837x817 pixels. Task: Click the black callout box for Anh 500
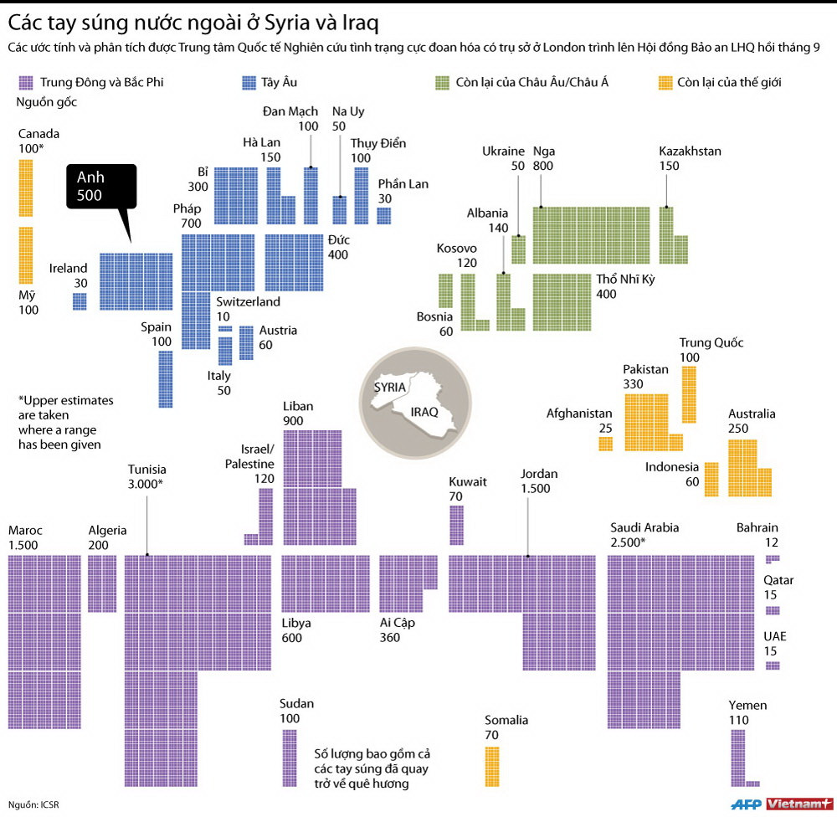[x=100, y=185]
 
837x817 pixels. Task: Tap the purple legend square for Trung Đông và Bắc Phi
[x=25, y=82]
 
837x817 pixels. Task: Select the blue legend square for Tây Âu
[x=249, y=82]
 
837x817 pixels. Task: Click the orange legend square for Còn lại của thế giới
[x=665, y=82]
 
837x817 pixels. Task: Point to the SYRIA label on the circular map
[x=390, y=388]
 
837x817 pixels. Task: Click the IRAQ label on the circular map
[x=424, y=413]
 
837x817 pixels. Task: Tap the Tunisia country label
[x=146, y=470]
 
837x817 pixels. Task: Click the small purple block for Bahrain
[x=772, y=558]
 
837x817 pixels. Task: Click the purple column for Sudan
[x=289, y=758]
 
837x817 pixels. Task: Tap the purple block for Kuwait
[x=456, y=525]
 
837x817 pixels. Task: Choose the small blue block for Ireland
[x=80, y=301]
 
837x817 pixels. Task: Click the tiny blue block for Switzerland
[x=225, y=329]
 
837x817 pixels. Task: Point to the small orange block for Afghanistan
[x=605, y=444]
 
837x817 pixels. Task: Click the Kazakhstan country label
[x=690, y=152]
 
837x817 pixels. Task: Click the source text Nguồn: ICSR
[x=33, y=804]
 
